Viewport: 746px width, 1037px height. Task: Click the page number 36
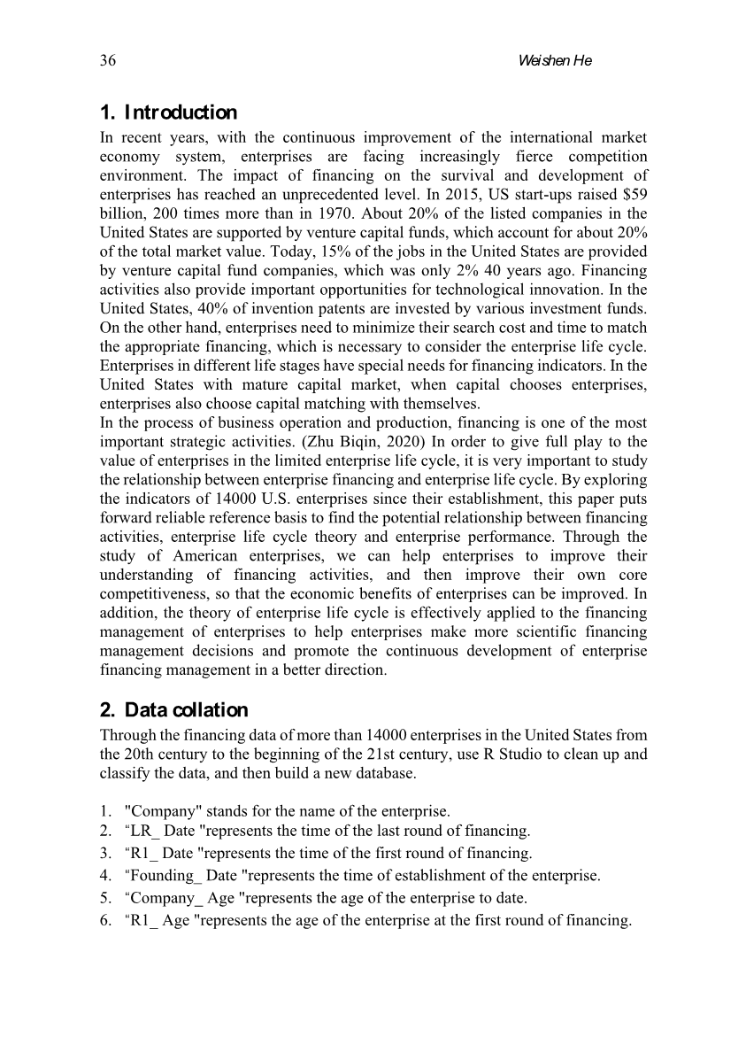click(109, 60)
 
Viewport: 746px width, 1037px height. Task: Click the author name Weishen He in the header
click(554, 60)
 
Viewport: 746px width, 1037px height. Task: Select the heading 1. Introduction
click(168, 112)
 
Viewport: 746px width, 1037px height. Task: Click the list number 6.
click(104, 920)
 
